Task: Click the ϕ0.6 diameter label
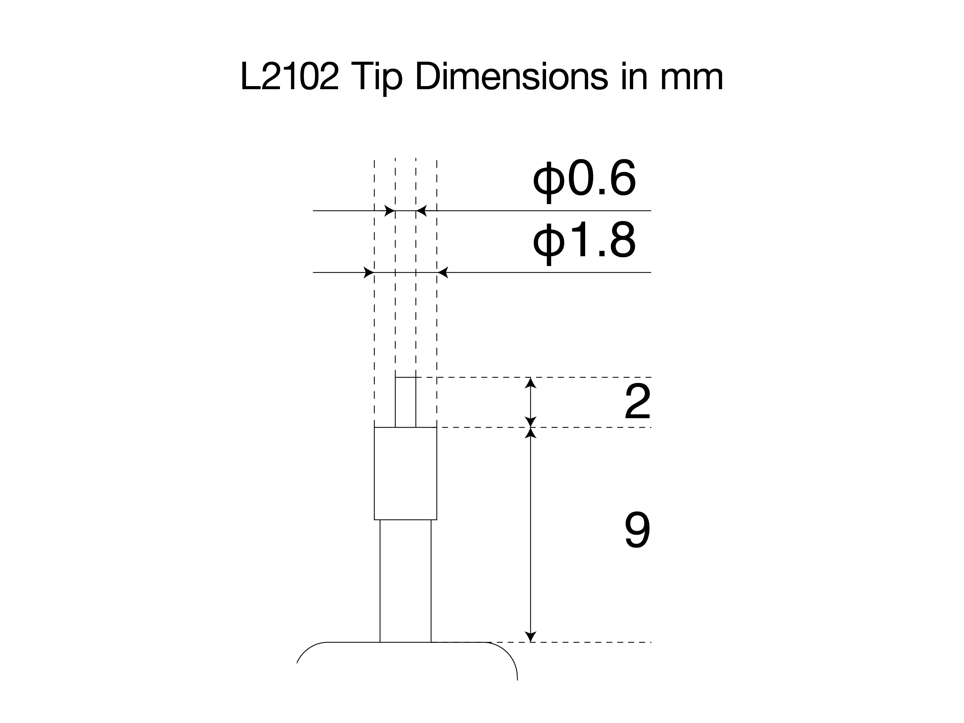pos(584,180)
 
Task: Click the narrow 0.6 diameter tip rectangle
pos(405,402)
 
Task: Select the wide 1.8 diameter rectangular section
pos(405,474)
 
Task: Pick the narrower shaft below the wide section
pos(405,581)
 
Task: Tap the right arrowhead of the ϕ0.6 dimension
pos(421,211)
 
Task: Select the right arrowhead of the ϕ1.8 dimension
pos(442,273)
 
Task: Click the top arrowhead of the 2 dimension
pos(530,382)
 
